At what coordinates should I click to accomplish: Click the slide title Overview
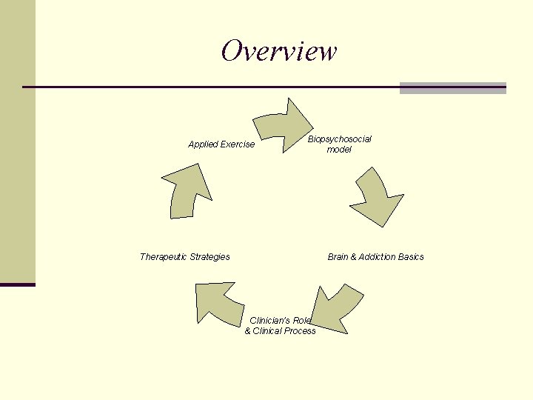coord(278,51)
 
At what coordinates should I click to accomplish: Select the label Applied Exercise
coord(221,144)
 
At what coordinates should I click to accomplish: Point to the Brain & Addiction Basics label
coord(375,257)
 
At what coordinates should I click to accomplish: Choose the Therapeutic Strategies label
coord(184,257)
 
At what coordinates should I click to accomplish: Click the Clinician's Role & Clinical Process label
coord(280,325)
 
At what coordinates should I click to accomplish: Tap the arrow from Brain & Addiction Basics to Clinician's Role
coord(335,306)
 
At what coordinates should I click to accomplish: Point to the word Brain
coord(338,257)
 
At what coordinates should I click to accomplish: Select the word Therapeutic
coord(163,257)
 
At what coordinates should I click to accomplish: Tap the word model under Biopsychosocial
coord(339,150)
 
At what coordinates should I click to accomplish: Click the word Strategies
coord(209,257)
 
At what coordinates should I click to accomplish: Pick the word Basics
coord(411,257)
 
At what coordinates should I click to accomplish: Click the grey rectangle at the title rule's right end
coord(452,88)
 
